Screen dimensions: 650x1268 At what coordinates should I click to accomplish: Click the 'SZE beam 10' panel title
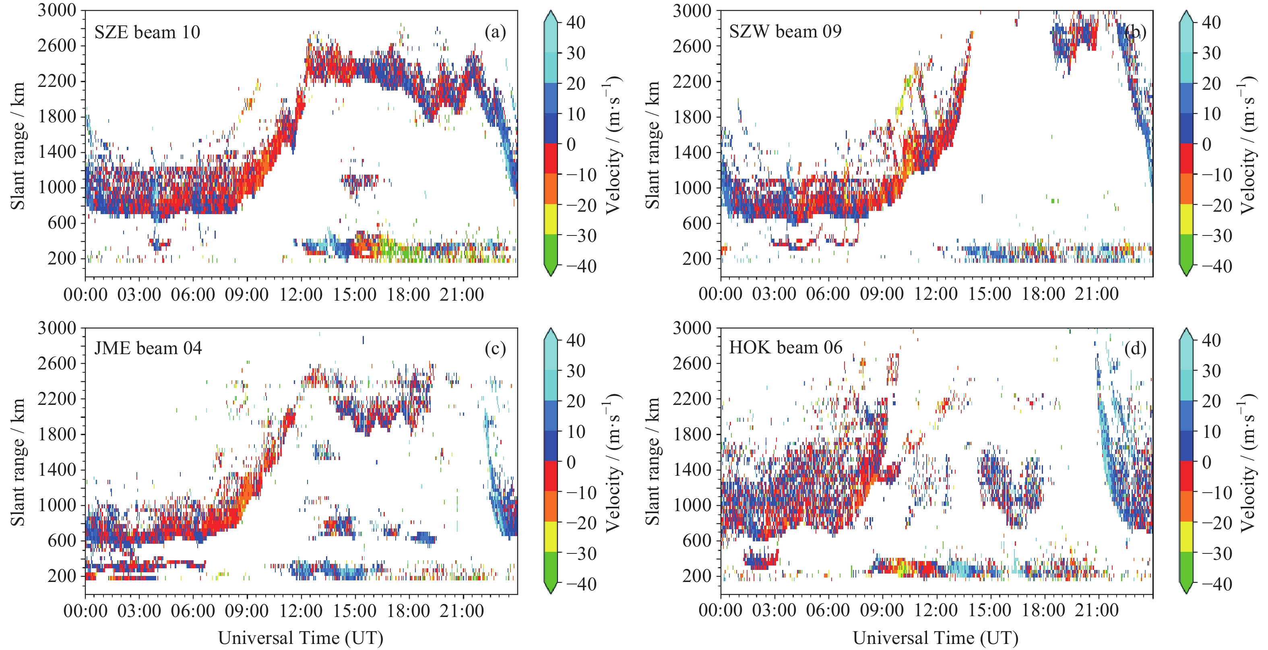[147, 33]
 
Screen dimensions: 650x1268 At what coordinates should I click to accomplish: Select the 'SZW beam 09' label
[785, 31]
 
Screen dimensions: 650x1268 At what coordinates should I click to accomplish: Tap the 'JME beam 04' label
[148, 349]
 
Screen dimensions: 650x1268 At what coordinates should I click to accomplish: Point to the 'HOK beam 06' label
[786, 347]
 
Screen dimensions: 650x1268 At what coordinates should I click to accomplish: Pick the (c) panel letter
[495, 349]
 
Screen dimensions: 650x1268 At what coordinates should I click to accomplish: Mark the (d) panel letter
[1135, 349]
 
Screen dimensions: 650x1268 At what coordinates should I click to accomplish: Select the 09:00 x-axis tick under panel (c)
[247, 611]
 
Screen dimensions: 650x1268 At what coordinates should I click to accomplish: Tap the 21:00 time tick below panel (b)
[1097, 294]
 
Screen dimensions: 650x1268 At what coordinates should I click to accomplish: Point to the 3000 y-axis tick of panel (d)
[692, 328]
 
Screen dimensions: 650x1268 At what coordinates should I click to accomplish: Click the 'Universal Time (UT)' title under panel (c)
[300, 638]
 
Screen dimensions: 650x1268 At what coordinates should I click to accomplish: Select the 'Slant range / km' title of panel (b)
[653, 145]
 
